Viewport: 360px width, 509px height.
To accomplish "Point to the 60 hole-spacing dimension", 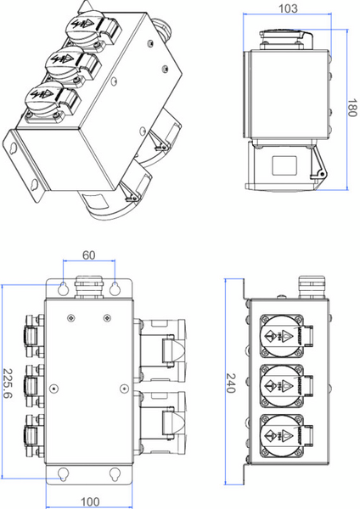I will [x=87, y=255].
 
